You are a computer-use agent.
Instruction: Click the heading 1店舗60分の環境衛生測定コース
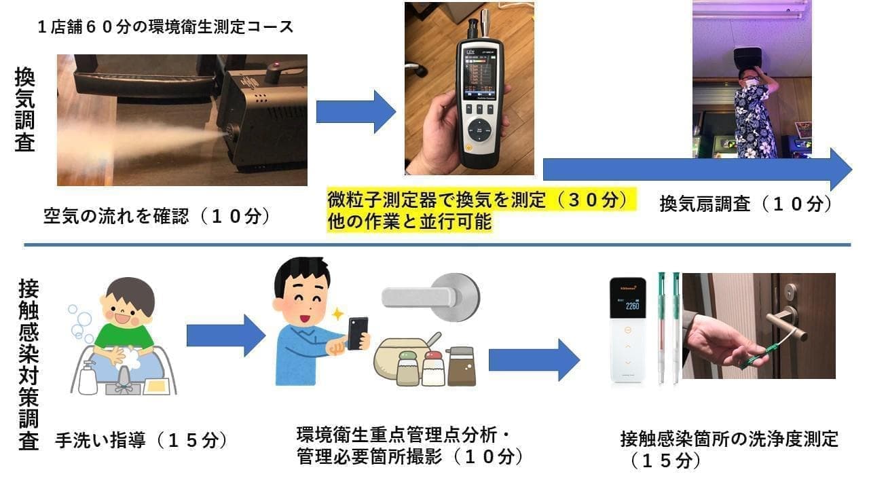click(166, 28)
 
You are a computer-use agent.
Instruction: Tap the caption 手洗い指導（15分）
click(140, 440)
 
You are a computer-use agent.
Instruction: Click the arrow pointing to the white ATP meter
click(534, 359)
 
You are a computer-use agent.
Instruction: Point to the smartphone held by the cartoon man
click(357, 331)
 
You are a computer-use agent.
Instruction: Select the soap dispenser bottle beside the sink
click(88, 377)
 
